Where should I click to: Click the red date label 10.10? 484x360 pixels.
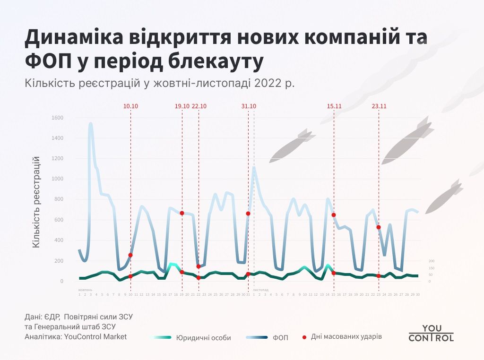click(130, 106)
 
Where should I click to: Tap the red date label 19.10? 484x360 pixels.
click(182, 106)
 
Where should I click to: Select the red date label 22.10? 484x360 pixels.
click(199, 106)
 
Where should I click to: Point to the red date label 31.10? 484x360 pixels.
click(249, 106)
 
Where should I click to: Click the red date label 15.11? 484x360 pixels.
click(334, 106)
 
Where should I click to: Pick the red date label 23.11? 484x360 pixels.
click(379, 106)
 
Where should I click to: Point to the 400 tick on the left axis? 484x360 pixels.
click(59, 240)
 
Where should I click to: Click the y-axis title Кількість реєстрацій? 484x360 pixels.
click(36, 203)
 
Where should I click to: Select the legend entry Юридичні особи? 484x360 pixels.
click(203, 338)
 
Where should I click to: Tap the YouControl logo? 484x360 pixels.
click(431, 333)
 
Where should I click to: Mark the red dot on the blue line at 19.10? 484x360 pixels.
click(182, 213)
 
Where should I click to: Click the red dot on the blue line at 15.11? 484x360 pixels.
click(334, 215)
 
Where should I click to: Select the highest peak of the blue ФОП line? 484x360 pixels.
click(90, 124)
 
